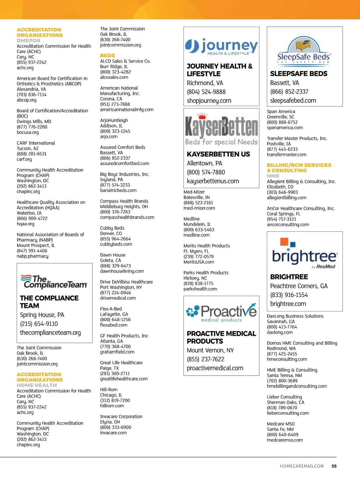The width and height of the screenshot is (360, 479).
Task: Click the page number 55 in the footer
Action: pyautogui.click(x=334, y=466)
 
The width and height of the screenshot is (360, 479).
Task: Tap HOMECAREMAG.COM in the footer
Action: pyautogui.click(x=302, y=466)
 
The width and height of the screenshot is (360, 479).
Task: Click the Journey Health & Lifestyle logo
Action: pyautogui.click(x=221, y=47)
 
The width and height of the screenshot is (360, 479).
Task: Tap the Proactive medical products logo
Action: pyautogui.click(x=221, y=313)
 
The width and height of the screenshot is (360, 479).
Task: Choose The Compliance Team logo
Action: pyautogui.click(x=54, y=282)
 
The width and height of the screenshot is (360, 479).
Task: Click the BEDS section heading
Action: pyautogui.click(x=107, y=55)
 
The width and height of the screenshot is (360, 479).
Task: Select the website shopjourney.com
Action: pyautogui.click(x=209, y=101)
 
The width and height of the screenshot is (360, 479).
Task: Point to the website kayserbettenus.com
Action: pyautogui.click(x=213, y=181)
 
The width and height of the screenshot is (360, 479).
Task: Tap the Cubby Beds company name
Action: pyautogui.click(x=112, y=228)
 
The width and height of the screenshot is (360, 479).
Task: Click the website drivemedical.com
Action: pyautogui.click(x=118, y=298)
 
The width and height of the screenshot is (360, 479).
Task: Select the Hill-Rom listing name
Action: pyautogui.click(x=109, y=390)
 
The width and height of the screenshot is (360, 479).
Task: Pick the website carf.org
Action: pyautogui.click(x=24, y=159)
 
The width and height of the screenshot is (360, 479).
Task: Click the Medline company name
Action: pyautogui.click(x=191, y=219)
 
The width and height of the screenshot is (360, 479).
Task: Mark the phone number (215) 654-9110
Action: pyautogui.click(x=39, y=324)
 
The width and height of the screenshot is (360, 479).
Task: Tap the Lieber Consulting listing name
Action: pyautogui.click(x=284, y=397)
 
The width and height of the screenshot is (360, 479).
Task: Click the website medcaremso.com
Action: pyautogui.click(x=285, y=440)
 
